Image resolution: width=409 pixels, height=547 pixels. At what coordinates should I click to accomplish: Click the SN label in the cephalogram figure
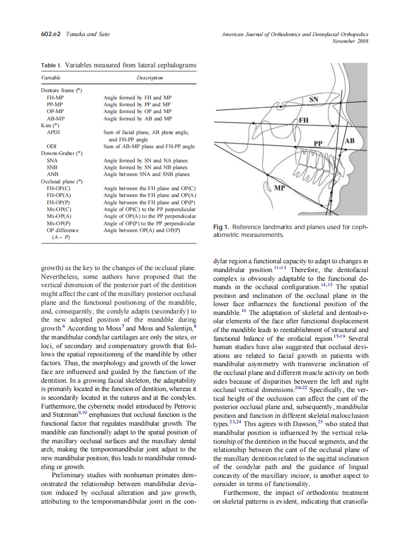pos(314,99)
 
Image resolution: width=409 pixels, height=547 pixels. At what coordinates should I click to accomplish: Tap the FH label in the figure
pos(303,119)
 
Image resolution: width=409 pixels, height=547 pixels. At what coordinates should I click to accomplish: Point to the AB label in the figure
pos(349,140)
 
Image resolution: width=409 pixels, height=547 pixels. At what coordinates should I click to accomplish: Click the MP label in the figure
pos(279,187)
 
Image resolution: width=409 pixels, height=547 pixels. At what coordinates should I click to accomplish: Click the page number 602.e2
pos(50,34)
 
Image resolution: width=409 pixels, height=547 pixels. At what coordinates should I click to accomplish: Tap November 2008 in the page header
pos(349,41)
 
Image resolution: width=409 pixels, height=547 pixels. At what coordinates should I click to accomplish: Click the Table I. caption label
pos(51,65)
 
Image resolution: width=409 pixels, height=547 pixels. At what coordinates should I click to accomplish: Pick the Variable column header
pos(51,78)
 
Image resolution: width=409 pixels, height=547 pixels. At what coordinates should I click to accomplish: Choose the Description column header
pos(150,78)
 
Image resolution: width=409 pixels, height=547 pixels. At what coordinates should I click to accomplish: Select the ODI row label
pos(51,146)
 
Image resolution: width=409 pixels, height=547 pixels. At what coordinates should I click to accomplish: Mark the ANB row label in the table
pos(53,174)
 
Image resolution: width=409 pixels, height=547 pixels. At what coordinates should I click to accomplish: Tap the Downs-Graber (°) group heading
pos(61,153)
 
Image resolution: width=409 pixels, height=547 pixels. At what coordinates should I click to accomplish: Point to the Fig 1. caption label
pos(221,227)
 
